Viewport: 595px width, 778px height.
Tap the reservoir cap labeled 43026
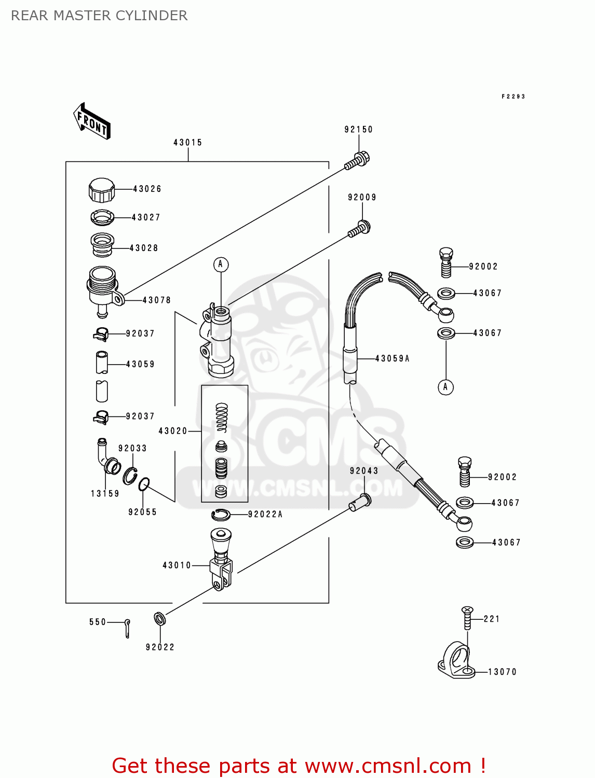101,190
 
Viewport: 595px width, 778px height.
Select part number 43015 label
187,143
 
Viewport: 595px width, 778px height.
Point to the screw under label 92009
359,229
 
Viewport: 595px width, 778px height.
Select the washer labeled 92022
159,618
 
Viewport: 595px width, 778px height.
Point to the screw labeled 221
467,618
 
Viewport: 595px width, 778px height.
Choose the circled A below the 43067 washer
445,387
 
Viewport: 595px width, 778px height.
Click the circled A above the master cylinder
221,265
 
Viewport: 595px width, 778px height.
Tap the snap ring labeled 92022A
221,515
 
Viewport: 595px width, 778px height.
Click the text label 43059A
393,358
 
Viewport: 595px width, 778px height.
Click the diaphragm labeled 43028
102,245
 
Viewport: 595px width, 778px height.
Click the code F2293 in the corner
513,96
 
